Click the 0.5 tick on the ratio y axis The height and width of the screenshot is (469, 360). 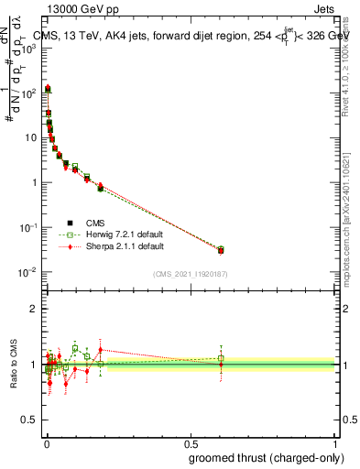click(30, 420)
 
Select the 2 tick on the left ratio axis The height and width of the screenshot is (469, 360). click(34, 309)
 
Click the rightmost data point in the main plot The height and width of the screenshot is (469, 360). click(221, 250)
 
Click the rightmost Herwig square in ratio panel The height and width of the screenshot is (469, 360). click(221, 358)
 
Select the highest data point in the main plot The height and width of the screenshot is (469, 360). click(48, 89)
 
